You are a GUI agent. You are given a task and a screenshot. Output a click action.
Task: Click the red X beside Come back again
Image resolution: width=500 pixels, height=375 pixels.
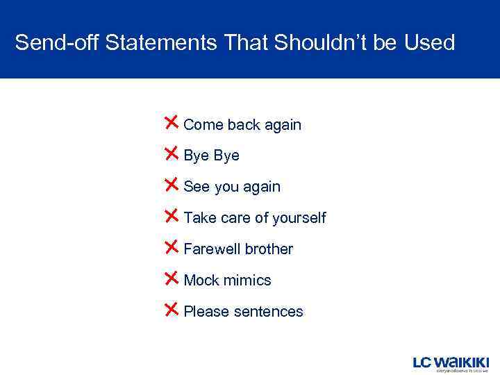coord(172,123)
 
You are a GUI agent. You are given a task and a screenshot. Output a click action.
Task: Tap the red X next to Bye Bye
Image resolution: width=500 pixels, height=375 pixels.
coord(172,154)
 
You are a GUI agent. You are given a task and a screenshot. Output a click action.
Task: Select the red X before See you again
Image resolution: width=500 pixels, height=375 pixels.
coord(172,185)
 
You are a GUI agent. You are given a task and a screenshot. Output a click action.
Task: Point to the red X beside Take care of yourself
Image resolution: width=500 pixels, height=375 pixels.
coord(172,216)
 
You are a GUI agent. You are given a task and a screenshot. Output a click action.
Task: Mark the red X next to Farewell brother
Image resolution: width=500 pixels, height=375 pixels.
coord(172,247)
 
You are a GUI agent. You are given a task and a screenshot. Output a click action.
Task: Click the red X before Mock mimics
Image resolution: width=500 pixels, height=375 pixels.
coord(172,278)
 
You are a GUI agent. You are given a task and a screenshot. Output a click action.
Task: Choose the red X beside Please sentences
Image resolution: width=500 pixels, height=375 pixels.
coord(172,310)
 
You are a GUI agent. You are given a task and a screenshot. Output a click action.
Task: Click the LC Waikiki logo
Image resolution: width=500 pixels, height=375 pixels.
coord(451,363)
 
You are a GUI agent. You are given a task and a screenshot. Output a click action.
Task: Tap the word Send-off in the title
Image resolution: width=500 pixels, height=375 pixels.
coord(57,43)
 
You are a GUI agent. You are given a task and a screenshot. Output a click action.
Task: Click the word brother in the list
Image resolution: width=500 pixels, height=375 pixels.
coord(268,249)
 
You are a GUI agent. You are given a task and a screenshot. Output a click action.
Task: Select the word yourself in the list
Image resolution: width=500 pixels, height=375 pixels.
coord(299,218)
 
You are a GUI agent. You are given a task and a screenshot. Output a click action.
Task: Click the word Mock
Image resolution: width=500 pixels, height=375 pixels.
coord(200,281)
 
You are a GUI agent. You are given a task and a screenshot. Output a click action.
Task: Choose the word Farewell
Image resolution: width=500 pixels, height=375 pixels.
coord(210,249)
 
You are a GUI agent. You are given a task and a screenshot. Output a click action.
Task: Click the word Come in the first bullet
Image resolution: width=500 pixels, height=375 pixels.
coord(203,125)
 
